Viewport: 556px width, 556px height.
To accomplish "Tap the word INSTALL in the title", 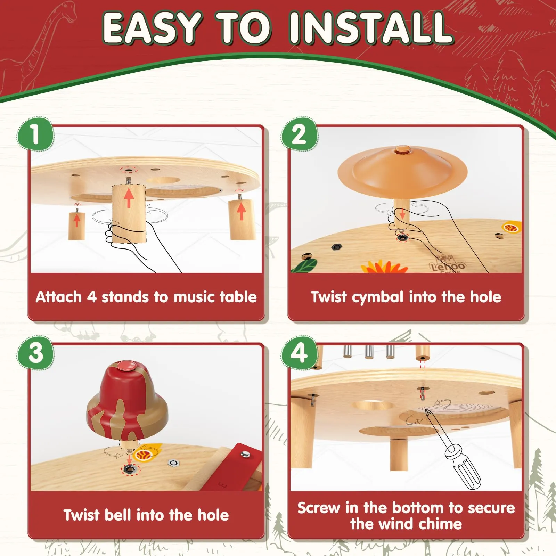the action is [x=371, y=28].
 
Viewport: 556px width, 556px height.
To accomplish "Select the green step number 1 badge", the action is [x=35, y=134].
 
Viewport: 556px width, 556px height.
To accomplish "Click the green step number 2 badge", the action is [x=300, y=134].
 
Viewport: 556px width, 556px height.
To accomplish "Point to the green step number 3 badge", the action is [x=35, y=352].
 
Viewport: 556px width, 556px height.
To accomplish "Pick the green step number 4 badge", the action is [x=300, y=352].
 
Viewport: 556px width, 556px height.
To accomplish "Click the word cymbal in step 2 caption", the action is [x=378, y=297].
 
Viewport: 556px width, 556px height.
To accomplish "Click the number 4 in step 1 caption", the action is [x=91, y=297].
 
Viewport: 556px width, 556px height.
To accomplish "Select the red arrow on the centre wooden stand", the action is [x=129, y=198].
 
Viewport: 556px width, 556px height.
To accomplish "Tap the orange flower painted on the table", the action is [x=384, y=267].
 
